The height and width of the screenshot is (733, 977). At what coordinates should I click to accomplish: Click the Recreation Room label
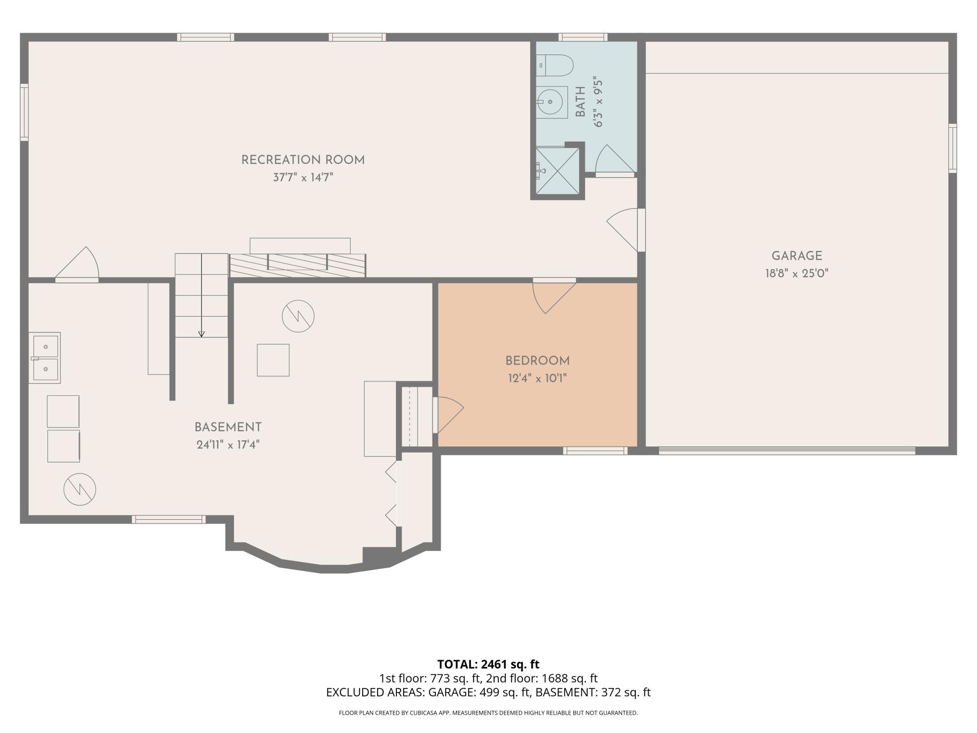[x=303, y=160]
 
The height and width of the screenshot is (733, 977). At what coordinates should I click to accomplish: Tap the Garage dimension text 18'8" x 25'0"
[x=797, y=273]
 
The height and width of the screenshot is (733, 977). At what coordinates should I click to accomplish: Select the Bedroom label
[x=537, y=361]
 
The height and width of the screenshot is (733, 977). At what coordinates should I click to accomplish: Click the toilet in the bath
[x=555, y=66]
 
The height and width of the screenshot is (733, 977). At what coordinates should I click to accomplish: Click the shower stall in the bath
[x=558, y=171]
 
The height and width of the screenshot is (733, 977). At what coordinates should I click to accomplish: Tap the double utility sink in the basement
[x=45, y=358]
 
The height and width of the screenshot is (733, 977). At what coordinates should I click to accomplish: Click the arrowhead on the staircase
[x=202, y=334]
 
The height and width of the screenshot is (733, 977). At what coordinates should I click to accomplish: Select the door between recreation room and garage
[x=625, y=230]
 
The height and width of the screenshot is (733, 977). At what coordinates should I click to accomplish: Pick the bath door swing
[x=615, y=160]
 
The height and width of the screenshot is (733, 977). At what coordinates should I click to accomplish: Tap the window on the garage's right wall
[x=952, y=148]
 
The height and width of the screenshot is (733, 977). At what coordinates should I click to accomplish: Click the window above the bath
[x=583, y=37]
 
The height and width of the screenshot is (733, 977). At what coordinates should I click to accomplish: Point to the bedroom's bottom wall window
[x=595, y=451]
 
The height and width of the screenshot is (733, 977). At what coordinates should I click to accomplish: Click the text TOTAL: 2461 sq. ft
[x=488, y=664]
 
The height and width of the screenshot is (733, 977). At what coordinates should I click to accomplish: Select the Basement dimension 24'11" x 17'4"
[x=228, y=444]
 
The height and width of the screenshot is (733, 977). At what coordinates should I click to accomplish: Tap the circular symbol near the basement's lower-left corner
[x=80, y=489]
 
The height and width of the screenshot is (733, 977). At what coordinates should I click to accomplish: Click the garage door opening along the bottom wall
[x=787, y=451]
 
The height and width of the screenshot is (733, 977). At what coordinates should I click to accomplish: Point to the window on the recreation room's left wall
[x=24, y=112]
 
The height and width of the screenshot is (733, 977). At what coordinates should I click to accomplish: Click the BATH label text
[x=581, y=102]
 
